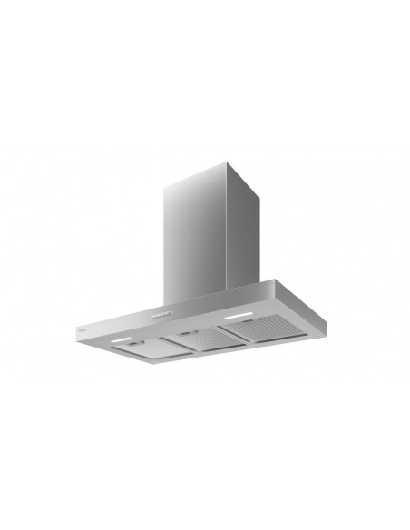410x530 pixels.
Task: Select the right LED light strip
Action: (x=239, y=317)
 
